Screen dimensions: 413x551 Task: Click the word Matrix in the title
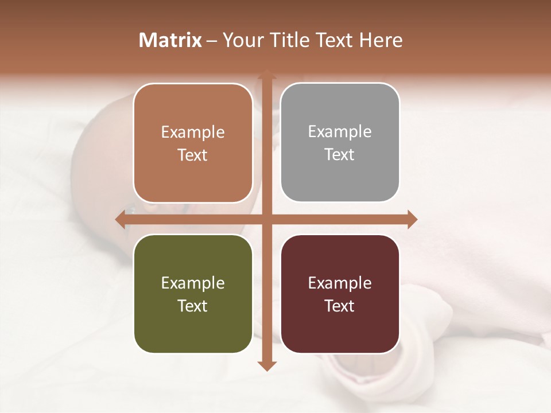coord(170,40)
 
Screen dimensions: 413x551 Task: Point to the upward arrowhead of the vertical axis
coord(266,75)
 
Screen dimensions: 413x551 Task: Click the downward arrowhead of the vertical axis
coord(266,365)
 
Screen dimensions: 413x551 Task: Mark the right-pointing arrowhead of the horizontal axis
coord(412,219)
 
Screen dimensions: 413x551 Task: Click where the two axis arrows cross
coord(266,219)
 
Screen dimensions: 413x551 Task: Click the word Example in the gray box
coord(340,131)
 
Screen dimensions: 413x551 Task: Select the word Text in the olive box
coord(193,306)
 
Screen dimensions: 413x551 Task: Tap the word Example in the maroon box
coord(340,283)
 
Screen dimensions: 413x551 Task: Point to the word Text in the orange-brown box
coord(193,155)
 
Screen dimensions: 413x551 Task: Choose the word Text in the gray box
coord(340,154)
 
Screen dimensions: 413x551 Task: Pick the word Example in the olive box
coord(193,283)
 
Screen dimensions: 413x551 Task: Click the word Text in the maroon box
coord(340,306)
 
